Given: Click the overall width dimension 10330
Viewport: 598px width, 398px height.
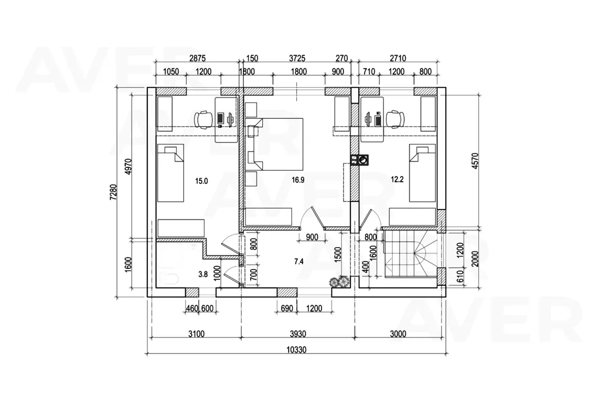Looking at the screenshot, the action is [296, 350].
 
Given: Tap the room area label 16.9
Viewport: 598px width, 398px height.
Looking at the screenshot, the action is [298, 180].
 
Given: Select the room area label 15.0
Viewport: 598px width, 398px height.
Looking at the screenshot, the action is [201, 181].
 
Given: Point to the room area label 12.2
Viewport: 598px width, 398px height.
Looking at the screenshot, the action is [397, 180].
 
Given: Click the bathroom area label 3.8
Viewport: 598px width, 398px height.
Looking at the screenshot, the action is [204, 273].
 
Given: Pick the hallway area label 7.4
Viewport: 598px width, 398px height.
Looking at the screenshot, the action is [298, 261].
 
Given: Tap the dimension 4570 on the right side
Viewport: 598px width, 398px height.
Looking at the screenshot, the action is [475, 161].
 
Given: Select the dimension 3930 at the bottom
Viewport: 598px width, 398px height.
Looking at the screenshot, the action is [297, 334].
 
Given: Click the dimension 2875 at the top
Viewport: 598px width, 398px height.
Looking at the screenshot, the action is [197, 58].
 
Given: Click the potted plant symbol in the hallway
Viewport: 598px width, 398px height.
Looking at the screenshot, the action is [339, 281].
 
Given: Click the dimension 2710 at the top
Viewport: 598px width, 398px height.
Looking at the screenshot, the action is [398, 58].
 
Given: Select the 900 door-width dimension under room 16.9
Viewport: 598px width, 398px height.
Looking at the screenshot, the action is [312, 237].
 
